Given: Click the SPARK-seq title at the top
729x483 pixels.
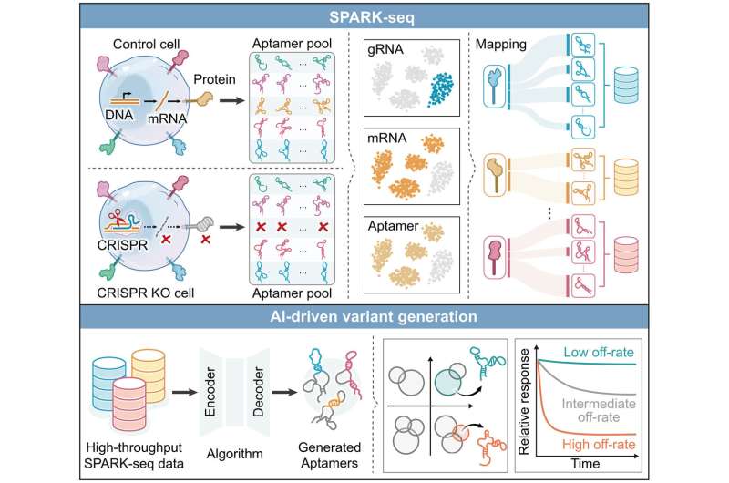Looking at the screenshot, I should pos(365,16).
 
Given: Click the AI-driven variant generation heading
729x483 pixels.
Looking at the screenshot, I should pos(365,316).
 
